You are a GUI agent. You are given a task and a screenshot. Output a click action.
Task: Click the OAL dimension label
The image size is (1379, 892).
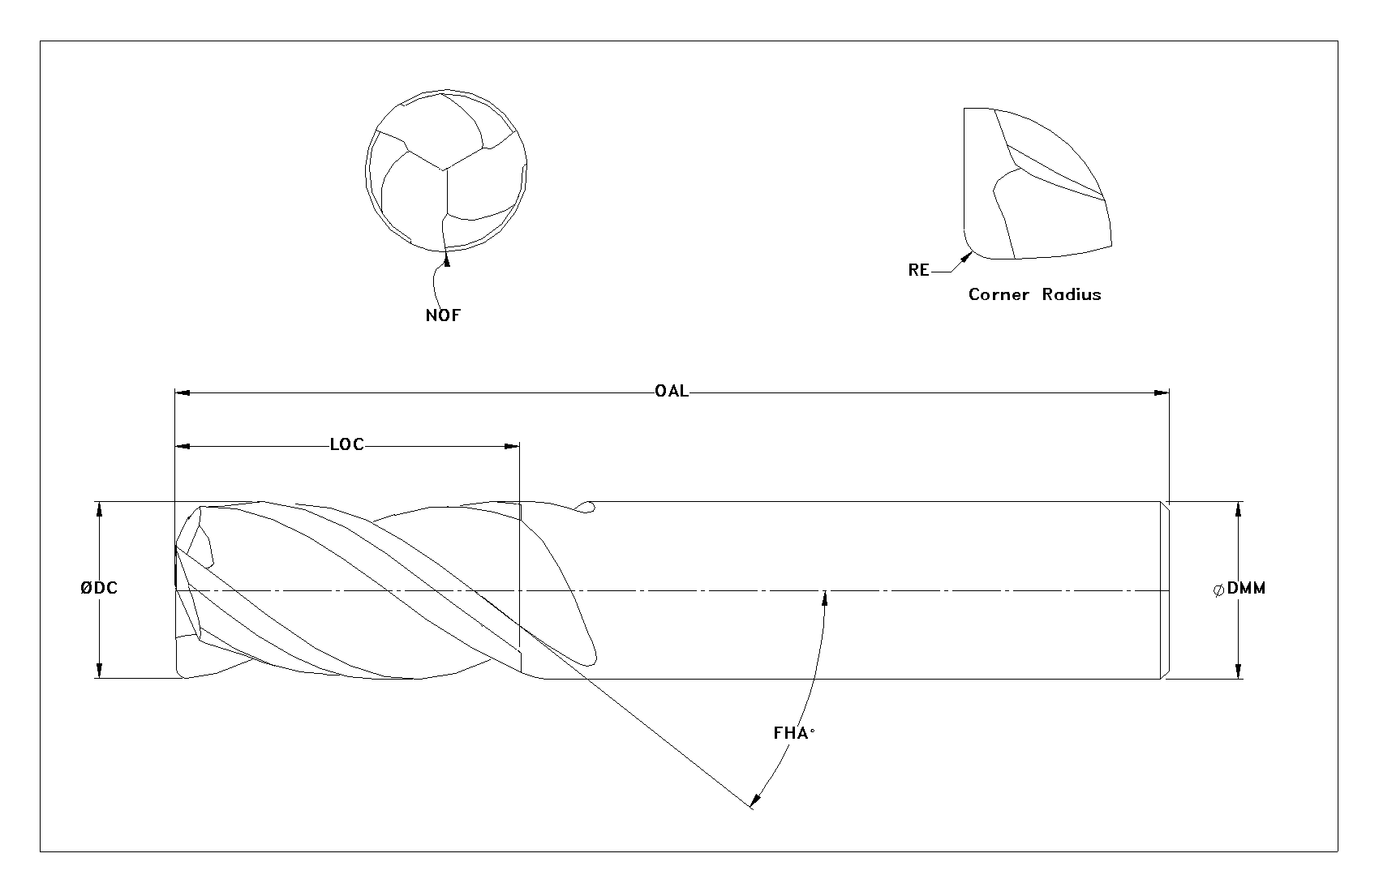tap(671, 391)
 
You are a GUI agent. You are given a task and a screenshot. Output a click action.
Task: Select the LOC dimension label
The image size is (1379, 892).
tap(346, 444)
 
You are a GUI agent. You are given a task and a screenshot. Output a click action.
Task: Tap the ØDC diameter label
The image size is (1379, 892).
tap(98, 588)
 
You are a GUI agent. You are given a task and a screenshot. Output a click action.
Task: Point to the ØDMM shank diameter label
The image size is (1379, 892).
tap(1239, 589)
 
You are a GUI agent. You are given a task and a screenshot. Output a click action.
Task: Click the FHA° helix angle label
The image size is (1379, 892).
tap(793, 733)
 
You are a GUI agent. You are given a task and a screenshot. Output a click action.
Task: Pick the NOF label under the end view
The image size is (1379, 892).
tap(443, 315)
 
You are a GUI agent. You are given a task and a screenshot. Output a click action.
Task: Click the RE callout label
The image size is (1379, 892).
tap(918, 270)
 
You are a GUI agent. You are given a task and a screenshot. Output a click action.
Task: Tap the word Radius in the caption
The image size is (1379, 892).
tap(1072, 294)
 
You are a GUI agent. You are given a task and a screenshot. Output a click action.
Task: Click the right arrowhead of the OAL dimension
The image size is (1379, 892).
tap(1162, 392)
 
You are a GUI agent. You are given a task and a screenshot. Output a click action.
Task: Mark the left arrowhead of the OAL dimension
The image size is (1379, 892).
tap(183, 392)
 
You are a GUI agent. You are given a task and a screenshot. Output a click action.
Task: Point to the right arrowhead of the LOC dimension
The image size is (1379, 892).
tap(512, 446)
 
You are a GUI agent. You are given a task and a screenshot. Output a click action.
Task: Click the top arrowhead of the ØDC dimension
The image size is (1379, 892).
tap(99, 509)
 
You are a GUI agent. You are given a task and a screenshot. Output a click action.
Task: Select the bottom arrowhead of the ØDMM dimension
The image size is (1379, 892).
tap(1239, 671)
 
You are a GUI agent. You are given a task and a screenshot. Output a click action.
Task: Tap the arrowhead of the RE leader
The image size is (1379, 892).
tap(967, 257)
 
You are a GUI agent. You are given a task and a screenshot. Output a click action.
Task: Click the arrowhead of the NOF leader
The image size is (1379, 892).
tap(447, 259)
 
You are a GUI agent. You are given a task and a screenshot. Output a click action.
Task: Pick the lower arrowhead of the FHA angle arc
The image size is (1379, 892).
tap(756, 798)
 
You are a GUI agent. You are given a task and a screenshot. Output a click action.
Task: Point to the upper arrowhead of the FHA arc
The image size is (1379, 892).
tap(825, 598)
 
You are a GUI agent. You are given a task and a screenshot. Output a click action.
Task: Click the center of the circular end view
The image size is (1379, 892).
tap(445, 170)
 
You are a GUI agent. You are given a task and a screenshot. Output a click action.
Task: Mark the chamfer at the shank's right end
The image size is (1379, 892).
tap(1165, 590)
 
